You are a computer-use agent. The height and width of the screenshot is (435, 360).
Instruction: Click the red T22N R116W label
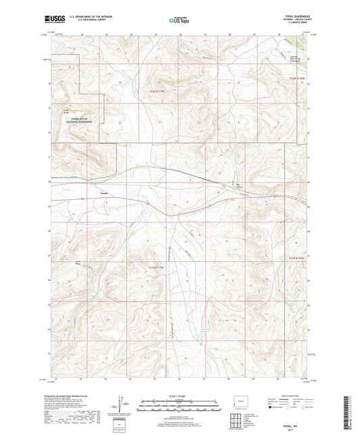[298, 79]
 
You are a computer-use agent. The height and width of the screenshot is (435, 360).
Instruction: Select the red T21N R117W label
[156, 268]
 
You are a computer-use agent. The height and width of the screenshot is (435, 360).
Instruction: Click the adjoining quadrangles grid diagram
[237, 420]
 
